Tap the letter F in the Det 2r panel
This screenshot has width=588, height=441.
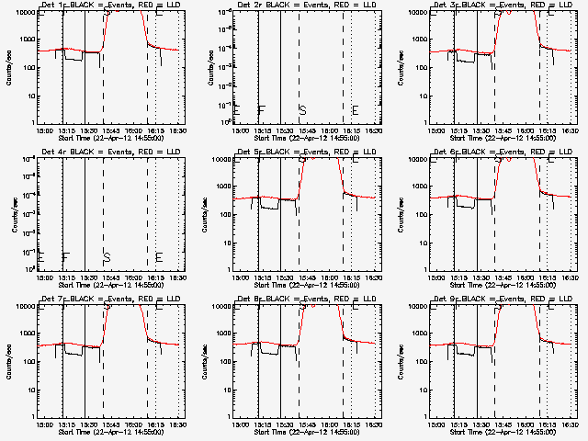261,111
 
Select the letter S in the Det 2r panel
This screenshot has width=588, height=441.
301,111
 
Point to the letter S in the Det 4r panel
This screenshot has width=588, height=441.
106,256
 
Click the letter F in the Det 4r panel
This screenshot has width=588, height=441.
65,256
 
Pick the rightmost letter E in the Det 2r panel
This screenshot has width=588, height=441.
355,111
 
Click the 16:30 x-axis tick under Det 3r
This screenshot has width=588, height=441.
567,131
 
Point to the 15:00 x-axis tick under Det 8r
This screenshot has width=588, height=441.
240,425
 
